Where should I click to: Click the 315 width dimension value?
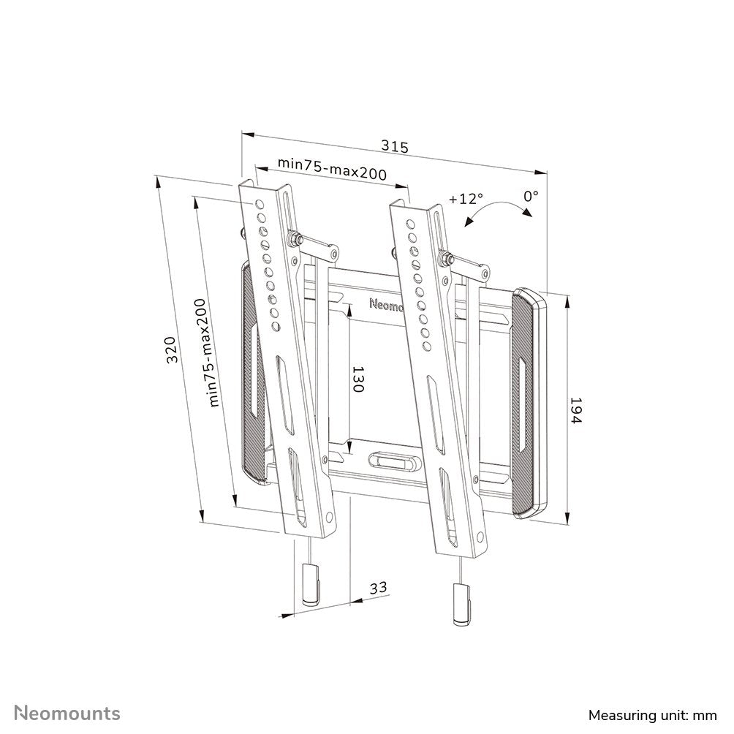[394, 146]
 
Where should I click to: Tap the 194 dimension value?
[576, 412]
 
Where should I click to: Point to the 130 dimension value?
[357, 379]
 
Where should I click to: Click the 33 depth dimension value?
[377, 588]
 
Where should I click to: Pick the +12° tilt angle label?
[466, 199]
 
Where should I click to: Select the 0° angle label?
[531, 196]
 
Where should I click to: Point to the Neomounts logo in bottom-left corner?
[68, 712]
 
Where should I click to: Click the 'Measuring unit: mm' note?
[652, 714]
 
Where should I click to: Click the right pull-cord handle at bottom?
[460, 605]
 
